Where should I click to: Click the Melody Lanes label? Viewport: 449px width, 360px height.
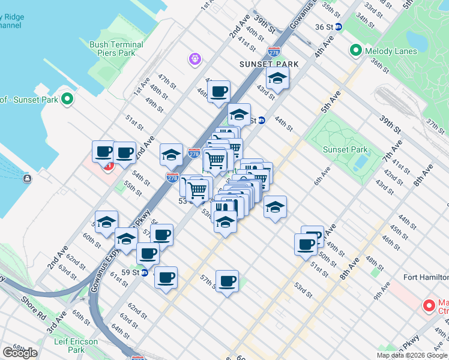tap(391, 51)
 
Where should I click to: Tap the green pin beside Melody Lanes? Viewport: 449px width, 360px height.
tap(356, 51)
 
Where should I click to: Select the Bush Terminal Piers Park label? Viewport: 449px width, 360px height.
tap(116, 49)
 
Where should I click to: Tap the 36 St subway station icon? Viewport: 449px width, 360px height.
tap(338, 27)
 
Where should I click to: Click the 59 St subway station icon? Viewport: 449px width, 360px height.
tap(145, 272)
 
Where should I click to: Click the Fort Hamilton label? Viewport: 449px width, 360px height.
tap(426, 277)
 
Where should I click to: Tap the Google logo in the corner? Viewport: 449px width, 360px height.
tap(20, 352)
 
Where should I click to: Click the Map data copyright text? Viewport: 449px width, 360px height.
tap(412, 355)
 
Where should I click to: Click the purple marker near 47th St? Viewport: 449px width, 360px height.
tap(194, 59)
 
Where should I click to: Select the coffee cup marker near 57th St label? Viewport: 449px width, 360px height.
tap(227, 281)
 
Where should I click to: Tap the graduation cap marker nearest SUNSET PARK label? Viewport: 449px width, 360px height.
tap(277, 78)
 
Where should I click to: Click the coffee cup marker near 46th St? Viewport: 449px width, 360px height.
tap(218, 92)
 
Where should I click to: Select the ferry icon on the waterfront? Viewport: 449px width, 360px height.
tap(27, 178)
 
